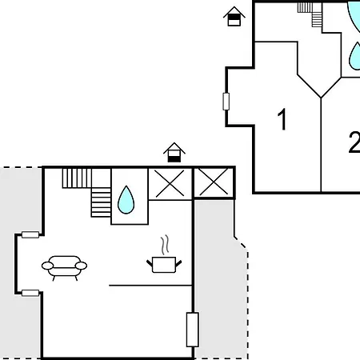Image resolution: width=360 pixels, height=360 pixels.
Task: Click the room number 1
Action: (x=282, y=119)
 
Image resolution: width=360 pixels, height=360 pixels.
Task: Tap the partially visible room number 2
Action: (x=354, y=142)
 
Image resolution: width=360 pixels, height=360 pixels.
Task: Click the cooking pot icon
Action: (x=164, y=265)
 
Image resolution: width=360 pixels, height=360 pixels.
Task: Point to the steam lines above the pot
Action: (x=165, y=245)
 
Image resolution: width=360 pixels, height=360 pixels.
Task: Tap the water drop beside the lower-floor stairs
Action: (x=126, y=200)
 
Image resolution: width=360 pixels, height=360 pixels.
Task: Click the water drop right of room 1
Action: (x=354, y=56)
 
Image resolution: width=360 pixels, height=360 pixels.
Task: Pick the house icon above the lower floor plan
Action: (x=174, y=153)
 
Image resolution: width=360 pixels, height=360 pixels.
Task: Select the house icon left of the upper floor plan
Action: (x=234, y=16)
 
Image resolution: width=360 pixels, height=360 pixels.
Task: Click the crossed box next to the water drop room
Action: (x=170, y=183)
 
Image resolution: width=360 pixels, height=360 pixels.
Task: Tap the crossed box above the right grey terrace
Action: (x=214, y=183)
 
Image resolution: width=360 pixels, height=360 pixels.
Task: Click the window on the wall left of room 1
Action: (x=226, y=102)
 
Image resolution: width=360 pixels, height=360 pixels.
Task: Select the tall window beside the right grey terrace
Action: (x=193, y=330)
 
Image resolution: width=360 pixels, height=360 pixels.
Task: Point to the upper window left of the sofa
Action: (x=30, y=235)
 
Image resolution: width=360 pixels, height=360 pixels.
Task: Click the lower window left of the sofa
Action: (x=30, y=293)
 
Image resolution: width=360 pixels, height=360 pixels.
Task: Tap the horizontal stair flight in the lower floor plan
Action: (x=77, y=178)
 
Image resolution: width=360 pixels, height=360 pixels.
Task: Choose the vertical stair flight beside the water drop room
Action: (x=101, y=202)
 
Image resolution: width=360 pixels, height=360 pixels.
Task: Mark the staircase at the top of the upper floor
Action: (x=310, y=14)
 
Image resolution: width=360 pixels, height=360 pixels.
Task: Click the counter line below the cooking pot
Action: (x=150, y=286)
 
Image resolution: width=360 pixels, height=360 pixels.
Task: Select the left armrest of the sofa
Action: (x=47, y=266)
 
